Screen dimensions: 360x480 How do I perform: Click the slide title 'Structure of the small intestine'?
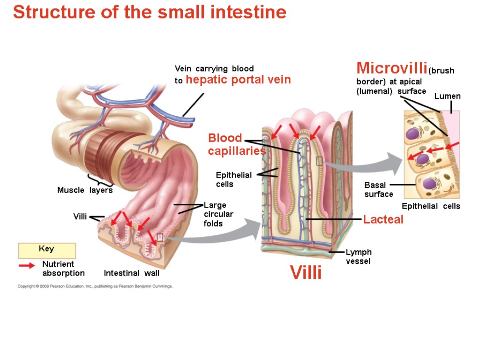[150, 13]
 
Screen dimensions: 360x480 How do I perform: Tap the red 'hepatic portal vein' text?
[238, 80]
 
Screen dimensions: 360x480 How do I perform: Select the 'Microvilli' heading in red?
[391, 68]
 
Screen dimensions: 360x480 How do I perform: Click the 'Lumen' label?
[447, 96]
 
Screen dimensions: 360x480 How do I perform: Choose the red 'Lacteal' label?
[383, 219]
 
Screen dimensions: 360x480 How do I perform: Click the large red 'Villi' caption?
[306, 272]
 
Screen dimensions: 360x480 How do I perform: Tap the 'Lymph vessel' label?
[359, 256]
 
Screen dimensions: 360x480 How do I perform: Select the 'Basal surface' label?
[378, 190]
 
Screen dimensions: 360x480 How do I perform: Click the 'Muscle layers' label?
[85, 190]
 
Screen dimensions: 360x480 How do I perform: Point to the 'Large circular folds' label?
[218, 214]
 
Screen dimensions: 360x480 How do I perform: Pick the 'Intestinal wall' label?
[131, 273]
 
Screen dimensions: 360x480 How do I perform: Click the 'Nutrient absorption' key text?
[63, 269]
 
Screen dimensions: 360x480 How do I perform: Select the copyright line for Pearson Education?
[95, 286]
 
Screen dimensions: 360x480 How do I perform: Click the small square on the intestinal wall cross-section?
[160, 237]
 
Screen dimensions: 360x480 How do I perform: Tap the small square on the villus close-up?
[319, 161]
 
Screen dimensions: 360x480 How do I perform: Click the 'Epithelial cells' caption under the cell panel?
[431, 206]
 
